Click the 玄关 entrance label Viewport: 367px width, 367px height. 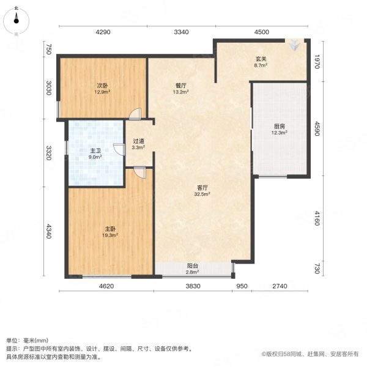coord(260,59)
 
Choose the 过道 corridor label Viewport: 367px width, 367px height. coord(139,141)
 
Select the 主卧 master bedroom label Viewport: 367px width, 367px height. coord(110,228)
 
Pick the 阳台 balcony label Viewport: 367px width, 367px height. coord(192,265)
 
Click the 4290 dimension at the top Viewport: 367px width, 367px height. coord(102,32)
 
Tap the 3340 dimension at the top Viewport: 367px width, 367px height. coord(181,32)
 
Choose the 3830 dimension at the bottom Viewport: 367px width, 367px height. coord(193,286)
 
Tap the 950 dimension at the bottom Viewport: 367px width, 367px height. coord(242,286)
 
